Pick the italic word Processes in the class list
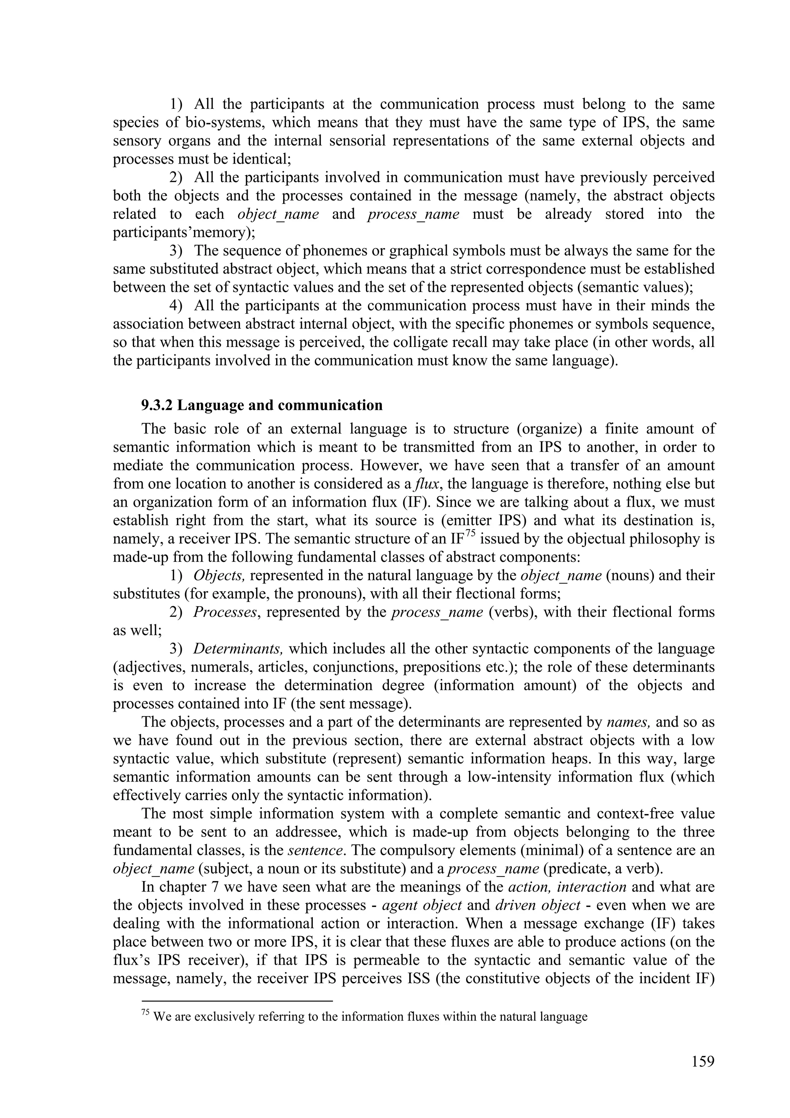[225, 612]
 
